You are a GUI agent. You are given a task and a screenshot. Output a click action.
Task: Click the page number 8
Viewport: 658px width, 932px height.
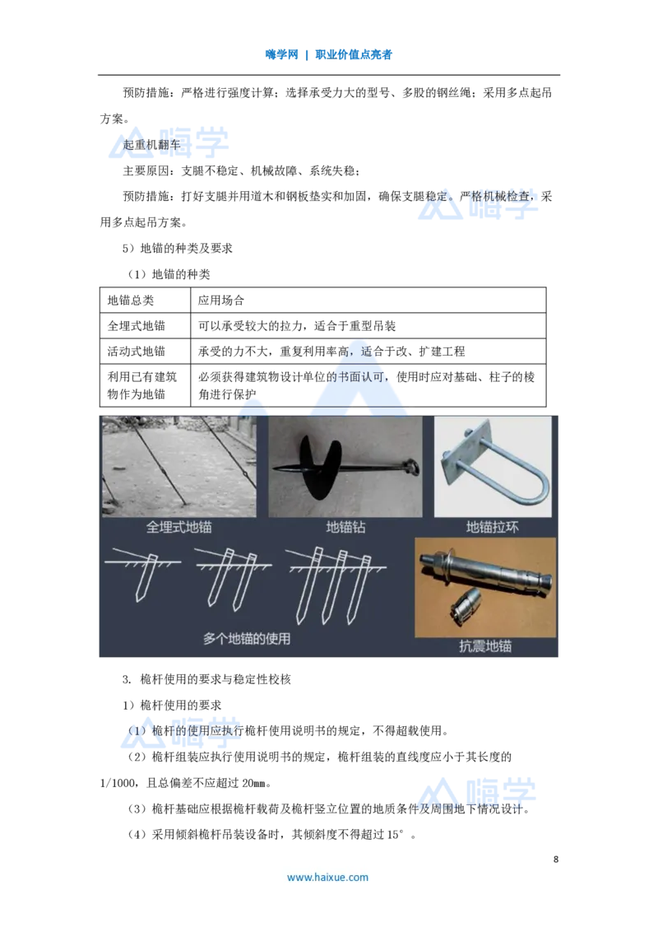click(x=556, y=859)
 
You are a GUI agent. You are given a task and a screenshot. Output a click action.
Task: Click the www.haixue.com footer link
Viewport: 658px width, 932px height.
click(x=328, y=878)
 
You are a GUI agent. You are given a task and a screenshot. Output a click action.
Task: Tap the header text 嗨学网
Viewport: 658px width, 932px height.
click(x=281, y=54)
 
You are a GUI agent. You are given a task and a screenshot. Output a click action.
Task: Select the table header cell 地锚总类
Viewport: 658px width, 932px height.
click(x=131, y=301)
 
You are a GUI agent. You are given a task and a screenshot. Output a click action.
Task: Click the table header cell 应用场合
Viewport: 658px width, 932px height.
click(x=221, y=301)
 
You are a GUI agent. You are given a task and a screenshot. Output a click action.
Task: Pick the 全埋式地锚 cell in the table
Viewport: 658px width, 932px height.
click(x=137, y=326)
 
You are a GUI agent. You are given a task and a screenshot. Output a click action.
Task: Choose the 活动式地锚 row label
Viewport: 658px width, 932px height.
click(x=137, y=352)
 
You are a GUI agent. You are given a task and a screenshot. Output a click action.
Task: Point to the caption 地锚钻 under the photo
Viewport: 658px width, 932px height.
click(x=345, y=527)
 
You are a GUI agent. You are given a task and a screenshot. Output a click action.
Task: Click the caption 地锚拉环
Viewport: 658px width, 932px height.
click(x=493, y=527)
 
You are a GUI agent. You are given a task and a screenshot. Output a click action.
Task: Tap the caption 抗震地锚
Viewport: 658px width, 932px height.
click(x=485, y=646)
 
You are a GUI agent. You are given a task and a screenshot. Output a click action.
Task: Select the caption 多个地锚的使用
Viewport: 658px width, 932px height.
click(x=247, y=639)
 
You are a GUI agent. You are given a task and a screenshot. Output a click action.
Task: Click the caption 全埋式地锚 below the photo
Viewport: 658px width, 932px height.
click(x=178, y=527)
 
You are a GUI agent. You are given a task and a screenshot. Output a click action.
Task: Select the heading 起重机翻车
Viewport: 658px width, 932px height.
click(x=151, y=144)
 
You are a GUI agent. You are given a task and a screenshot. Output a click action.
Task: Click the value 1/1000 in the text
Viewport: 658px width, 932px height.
click(x=118, y=783)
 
